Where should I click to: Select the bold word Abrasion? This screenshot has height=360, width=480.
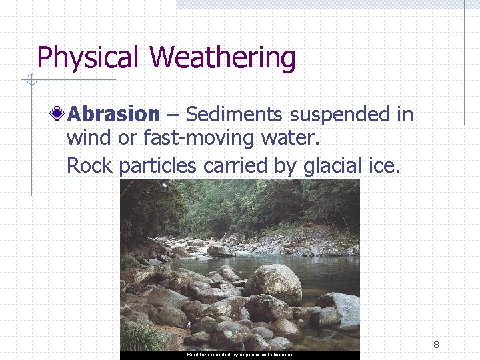(114, 115)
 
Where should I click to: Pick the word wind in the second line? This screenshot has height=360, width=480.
(88, 139)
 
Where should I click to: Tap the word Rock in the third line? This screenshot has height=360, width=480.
(88, 165)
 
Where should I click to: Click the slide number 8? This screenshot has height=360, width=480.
(436, 345)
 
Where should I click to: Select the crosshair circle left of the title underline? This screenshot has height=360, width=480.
(30, 81)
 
